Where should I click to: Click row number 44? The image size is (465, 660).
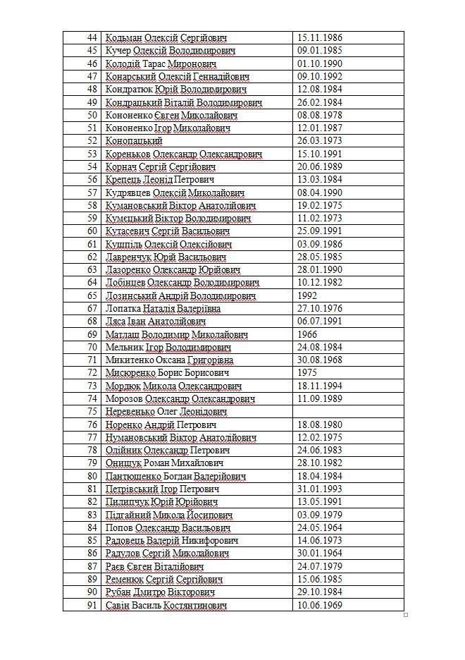click(91, 37)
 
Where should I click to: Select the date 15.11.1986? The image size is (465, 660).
click(321, 37)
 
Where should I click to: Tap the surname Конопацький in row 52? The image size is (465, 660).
click(134, 141)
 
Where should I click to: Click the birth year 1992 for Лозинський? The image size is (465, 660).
click(308, 296)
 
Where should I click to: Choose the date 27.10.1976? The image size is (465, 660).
click(321, 309)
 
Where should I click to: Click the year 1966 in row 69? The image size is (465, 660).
click(308, 335)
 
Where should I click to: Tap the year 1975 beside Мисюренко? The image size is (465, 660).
click(308, 373)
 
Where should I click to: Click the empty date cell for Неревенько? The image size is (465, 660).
click(348, 412)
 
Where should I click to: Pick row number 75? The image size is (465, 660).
click(91, 412)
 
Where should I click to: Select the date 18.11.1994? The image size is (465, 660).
click(321, 386)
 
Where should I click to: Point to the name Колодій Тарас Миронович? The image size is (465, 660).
click(161, 63)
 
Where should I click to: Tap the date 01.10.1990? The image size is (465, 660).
click(321, 63)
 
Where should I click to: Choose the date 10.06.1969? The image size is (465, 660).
click(321, 606)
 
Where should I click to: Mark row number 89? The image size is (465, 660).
click(91, 580)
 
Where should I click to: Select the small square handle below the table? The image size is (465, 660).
click(406, 616)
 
